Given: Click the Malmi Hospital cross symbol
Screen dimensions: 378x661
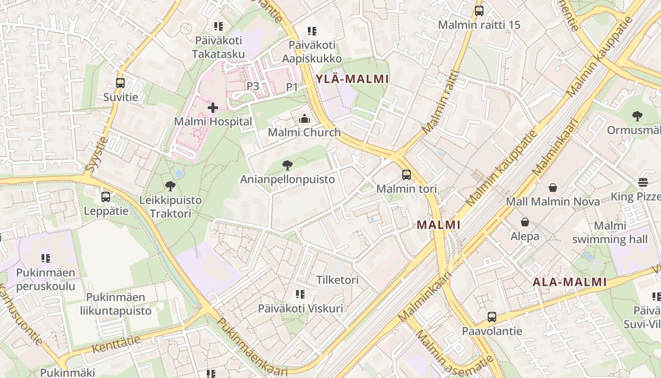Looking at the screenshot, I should click(x=213, y=108).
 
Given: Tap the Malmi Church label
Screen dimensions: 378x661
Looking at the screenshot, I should click(x=304, y=132).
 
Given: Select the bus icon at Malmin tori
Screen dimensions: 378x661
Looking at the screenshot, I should click(x=407, y=175).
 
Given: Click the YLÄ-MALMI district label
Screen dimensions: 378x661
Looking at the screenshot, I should click(x=352, y=79).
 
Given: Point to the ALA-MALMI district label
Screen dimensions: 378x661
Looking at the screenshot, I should click(x=569, y=282).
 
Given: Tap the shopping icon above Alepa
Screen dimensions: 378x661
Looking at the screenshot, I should click(x=525, y=222).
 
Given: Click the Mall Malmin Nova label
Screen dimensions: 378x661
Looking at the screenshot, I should click(x=553, y=202).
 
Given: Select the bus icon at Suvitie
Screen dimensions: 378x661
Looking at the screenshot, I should click(x=120, y=83).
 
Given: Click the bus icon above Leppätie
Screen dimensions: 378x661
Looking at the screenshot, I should click(x=106, y=197).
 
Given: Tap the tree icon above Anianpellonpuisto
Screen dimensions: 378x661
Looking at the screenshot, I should click(x=287, y=165).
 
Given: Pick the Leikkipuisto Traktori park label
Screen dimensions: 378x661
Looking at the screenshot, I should click(x=170, y=207).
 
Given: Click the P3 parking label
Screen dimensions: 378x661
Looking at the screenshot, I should click(x=253, y=86).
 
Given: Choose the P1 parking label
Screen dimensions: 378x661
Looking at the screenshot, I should click(x=292, y=87).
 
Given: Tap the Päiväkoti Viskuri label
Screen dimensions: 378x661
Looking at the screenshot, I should click(x=300, y=309).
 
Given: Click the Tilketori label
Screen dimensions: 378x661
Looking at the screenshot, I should click(x=338, y=280).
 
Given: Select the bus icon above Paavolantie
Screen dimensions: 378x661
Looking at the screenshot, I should click(x=492, y=317).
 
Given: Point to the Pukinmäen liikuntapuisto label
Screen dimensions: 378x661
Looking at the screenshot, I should click(x=119, y=304).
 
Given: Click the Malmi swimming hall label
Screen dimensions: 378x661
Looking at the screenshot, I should click(x=610, y=232).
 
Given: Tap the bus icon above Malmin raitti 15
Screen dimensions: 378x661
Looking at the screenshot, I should click(x=479, y=10).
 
